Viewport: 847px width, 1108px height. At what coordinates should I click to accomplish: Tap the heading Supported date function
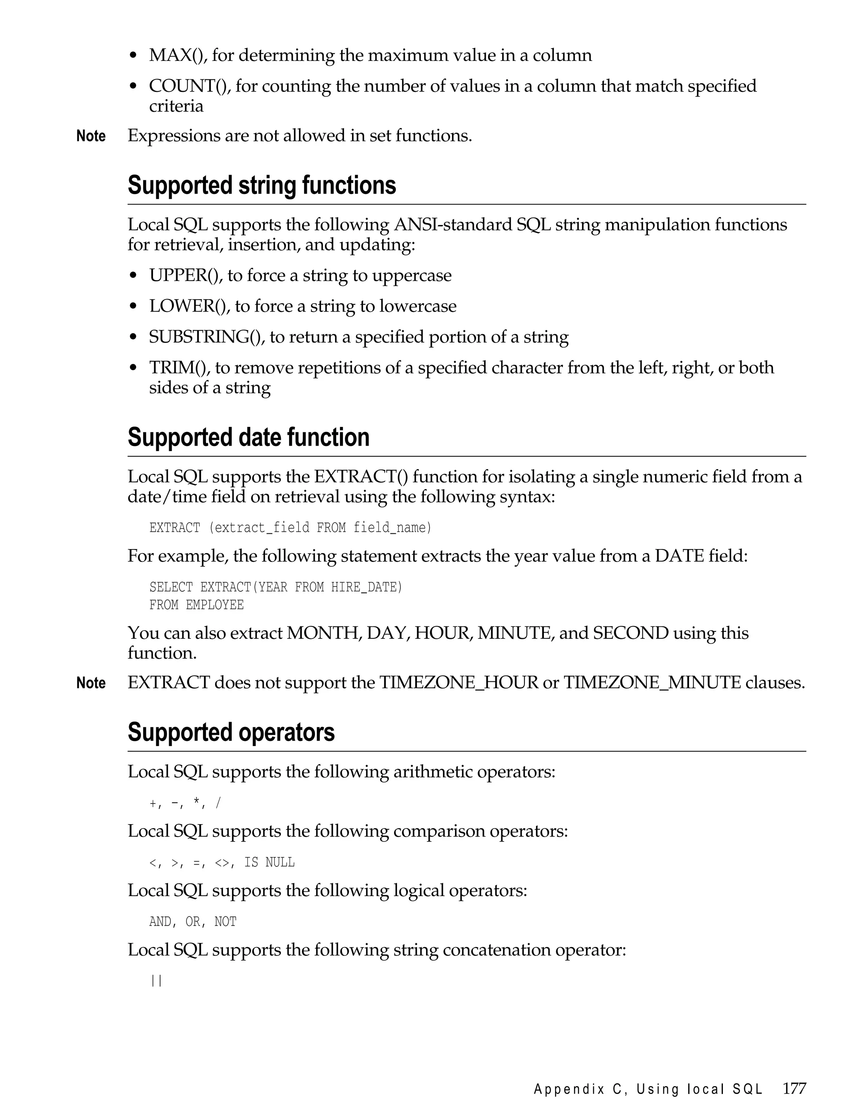click(248, 437)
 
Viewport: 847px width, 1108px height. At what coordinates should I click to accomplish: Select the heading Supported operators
click(231, 732)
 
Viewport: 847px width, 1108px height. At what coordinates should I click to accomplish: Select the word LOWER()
click(189, 306)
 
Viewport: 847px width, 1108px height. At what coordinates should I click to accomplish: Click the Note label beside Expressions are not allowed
click(91, 136)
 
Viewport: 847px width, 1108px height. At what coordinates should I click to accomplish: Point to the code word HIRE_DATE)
click(366, 587)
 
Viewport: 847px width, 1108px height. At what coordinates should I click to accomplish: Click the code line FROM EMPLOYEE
click(196, 605)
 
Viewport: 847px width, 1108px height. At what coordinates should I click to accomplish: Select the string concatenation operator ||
click(156, 981)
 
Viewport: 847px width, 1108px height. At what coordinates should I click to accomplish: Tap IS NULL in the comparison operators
click(269, 862)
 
